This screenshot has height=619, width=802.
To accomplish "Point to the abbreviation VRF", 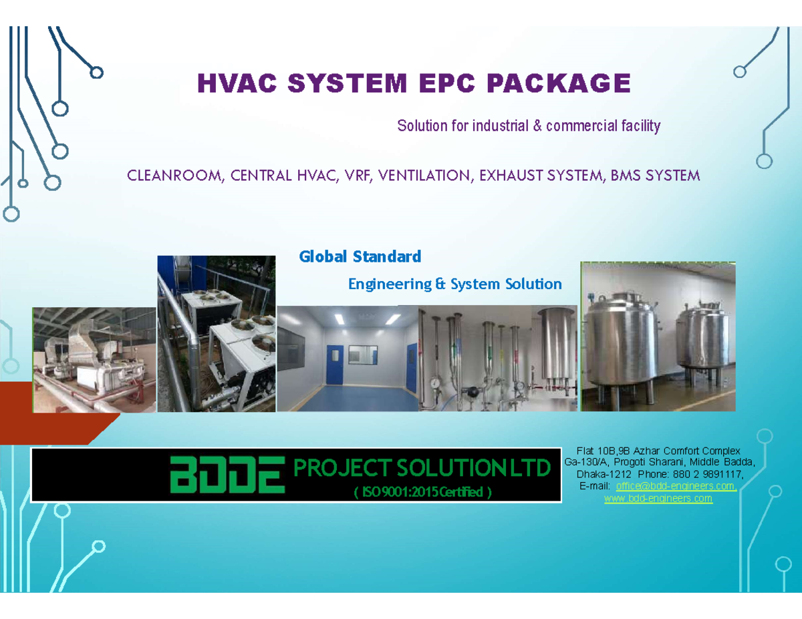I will pos(356,176).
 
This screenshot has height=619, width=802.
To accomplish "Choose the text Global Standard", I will pos(360,256).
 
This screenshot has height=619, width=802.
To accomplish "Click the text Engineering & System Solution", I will pos(454,284).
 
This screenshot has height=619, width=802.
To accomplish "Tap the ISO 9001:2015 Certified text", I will pos(421,493).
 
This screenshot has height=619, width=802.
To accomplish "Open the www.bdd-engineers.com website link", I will pos(658,499).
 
